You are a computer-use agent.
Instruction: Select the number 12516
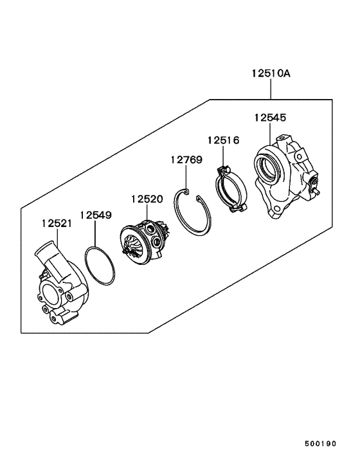(223, 140)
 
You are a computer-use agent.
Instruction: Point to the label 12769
(186, 159)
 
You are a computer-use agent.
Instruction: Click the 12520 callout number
(148, 199)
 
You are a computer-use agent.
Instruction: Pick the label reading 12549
(96, 215)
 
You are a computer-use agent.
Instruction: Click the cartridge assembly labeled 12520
(147, 242)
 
